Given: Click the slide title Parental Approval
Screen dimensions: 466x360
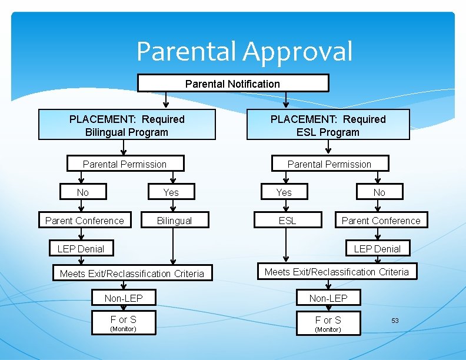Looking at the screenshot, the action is tap(244, 51).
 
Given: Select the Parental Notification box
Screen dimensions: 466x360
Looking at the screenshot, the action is tap(233, 84).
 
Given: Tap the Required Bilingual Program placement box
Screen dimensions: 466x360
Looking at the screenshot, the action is tap(127, 125).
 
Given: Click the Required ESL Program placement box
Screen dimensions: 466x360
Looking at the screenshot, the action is tap(328, 125).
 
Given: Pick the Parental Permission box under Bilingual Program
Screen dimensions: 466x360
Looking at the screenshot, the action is tap(125, 164).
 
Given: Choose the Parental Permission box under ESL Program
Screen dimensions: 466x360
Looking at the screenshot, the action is tap(329, 164).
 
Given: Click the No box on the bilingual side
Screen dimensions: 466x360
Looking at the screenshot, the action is tap(83, 192).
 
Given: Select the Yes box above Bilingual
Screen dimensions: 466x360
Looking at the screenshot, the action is tap(171, 192).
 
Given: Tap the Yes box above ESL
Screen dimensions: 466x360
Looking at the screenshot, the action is tap(284, 192).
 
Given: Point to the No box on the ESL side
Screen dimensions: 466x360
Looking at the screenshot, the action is tap(380, 192).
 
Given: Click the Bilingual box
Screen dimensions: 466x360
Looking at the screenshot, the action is tap(174, 221).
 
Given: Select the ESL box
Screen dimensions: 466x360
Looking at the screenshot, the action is tap(287, 221).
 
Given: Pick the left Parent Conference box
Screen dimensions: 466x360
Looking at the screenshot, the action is tap(85, 221).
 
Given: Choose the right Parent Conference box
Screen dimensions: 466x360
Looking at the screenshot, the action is tap(381, 221).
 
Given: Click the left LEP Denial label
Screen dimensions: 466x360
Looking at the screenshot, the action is tap(81, 249).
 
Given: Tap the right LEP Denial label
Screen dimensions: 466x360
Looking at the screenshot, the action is tap(377, 249).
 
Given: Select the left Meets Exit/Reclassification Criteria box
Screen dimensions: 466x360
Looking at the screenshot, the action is tap(132, 274).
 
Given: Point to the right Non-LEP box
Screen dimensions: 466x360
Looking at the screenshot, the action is tap(328, 298).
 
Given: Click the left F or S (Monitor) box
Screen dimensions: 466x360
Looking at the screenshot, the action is tap(124, 323).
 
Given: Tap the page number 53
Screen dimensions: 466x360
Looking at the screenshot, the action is tap(395, 321).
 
